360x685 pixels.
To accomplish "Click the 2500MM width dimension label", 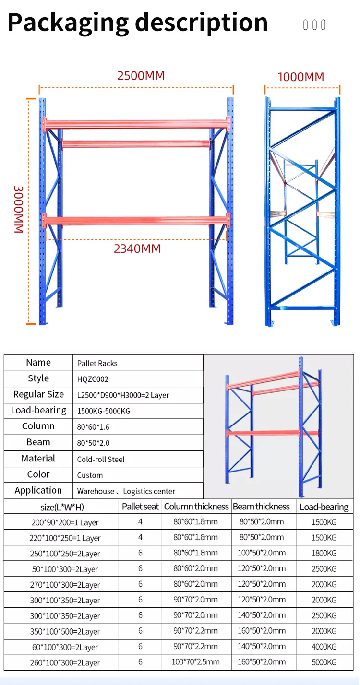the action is tap(141, 76).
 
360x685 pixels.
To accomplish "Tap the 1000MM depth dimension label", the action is tap(301, 77).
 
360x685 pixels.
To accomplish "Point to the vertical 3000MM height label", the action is tap(18, 209).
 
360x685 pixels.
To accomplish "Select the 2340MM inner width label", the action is tap(137, 248).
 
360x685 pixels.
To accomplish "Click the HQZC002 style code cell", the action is tap(93, 379).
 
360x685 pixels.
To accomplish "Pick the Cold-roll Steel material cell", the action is tap(101, 459).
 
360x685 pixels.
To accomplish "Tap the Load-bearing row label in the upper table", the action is tap(38, 410).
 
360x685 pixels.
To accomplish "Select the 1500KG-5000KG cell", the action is tap(104, 411).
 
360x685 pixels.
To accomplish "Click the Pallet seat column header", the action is tap(140, 507).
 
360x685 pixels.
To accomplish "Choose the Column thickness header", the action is tap(196, 507).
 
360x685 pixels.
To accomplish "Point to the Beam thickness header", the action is tap(261, 507).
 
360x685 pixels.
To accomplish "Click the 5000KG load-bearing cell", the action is tap(324, 662).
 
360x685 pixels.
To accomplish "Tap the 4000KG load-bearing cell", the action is tap(324, 647).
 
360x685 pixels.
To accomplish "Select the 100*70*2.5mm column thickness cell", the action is tap(196, 662).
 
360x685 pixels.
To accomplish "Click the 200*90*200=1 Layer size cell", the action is tap(65, 522).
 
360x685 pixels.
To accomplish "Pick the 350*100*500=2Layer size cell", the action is tap(65, 631).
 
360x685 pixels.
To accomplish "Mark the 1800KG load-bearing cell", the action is tap(324, 553).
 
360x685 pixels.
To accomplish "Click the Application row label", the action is tap(38, 490).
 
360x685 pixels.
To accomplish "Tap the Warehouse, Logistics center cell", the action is tap(126, 491).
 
